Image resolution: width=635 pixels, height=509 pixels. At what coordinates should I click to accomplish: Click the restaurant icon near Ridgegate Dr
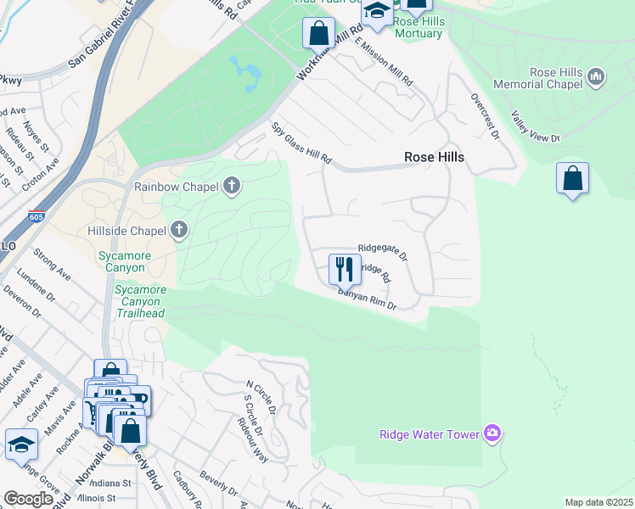[x=344, y=269]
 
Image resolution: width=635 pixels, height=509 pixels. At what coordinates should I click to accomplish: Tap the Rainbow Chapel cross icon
[x=233, y=186]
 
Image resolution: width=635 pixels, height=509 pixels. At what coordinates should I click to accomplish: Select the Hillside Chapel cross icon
[x=179, y=230]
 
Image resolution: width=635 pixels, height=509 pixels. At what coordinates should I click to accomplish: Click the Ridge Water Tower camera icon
[x=492, y=434]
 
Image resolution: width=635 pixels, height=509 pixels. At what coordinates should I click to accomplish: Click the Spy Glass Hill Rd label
[x=301, y=144]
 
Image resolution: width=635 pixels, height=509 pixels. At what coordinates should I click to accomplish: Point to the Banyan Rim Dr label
[x=368, y=300]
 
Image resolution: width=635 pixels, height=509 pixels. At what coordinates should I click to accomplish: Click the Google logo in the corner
[x=29, y=499]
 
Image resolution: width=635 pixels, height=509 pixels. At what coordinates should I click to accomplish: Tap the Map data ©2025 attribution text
[x=598, y=502]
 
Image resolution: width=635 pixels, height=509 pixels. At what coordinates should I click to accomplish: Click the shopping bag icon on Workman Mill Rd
[x=319, y=34]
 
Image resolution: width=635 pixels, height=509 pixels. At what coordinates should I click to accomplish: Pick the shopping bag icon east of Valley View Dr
[x=573, y=179]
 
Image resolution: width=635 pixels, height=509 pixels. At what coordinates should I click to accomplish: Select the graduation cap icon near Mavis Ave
[x=21, y=445]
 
